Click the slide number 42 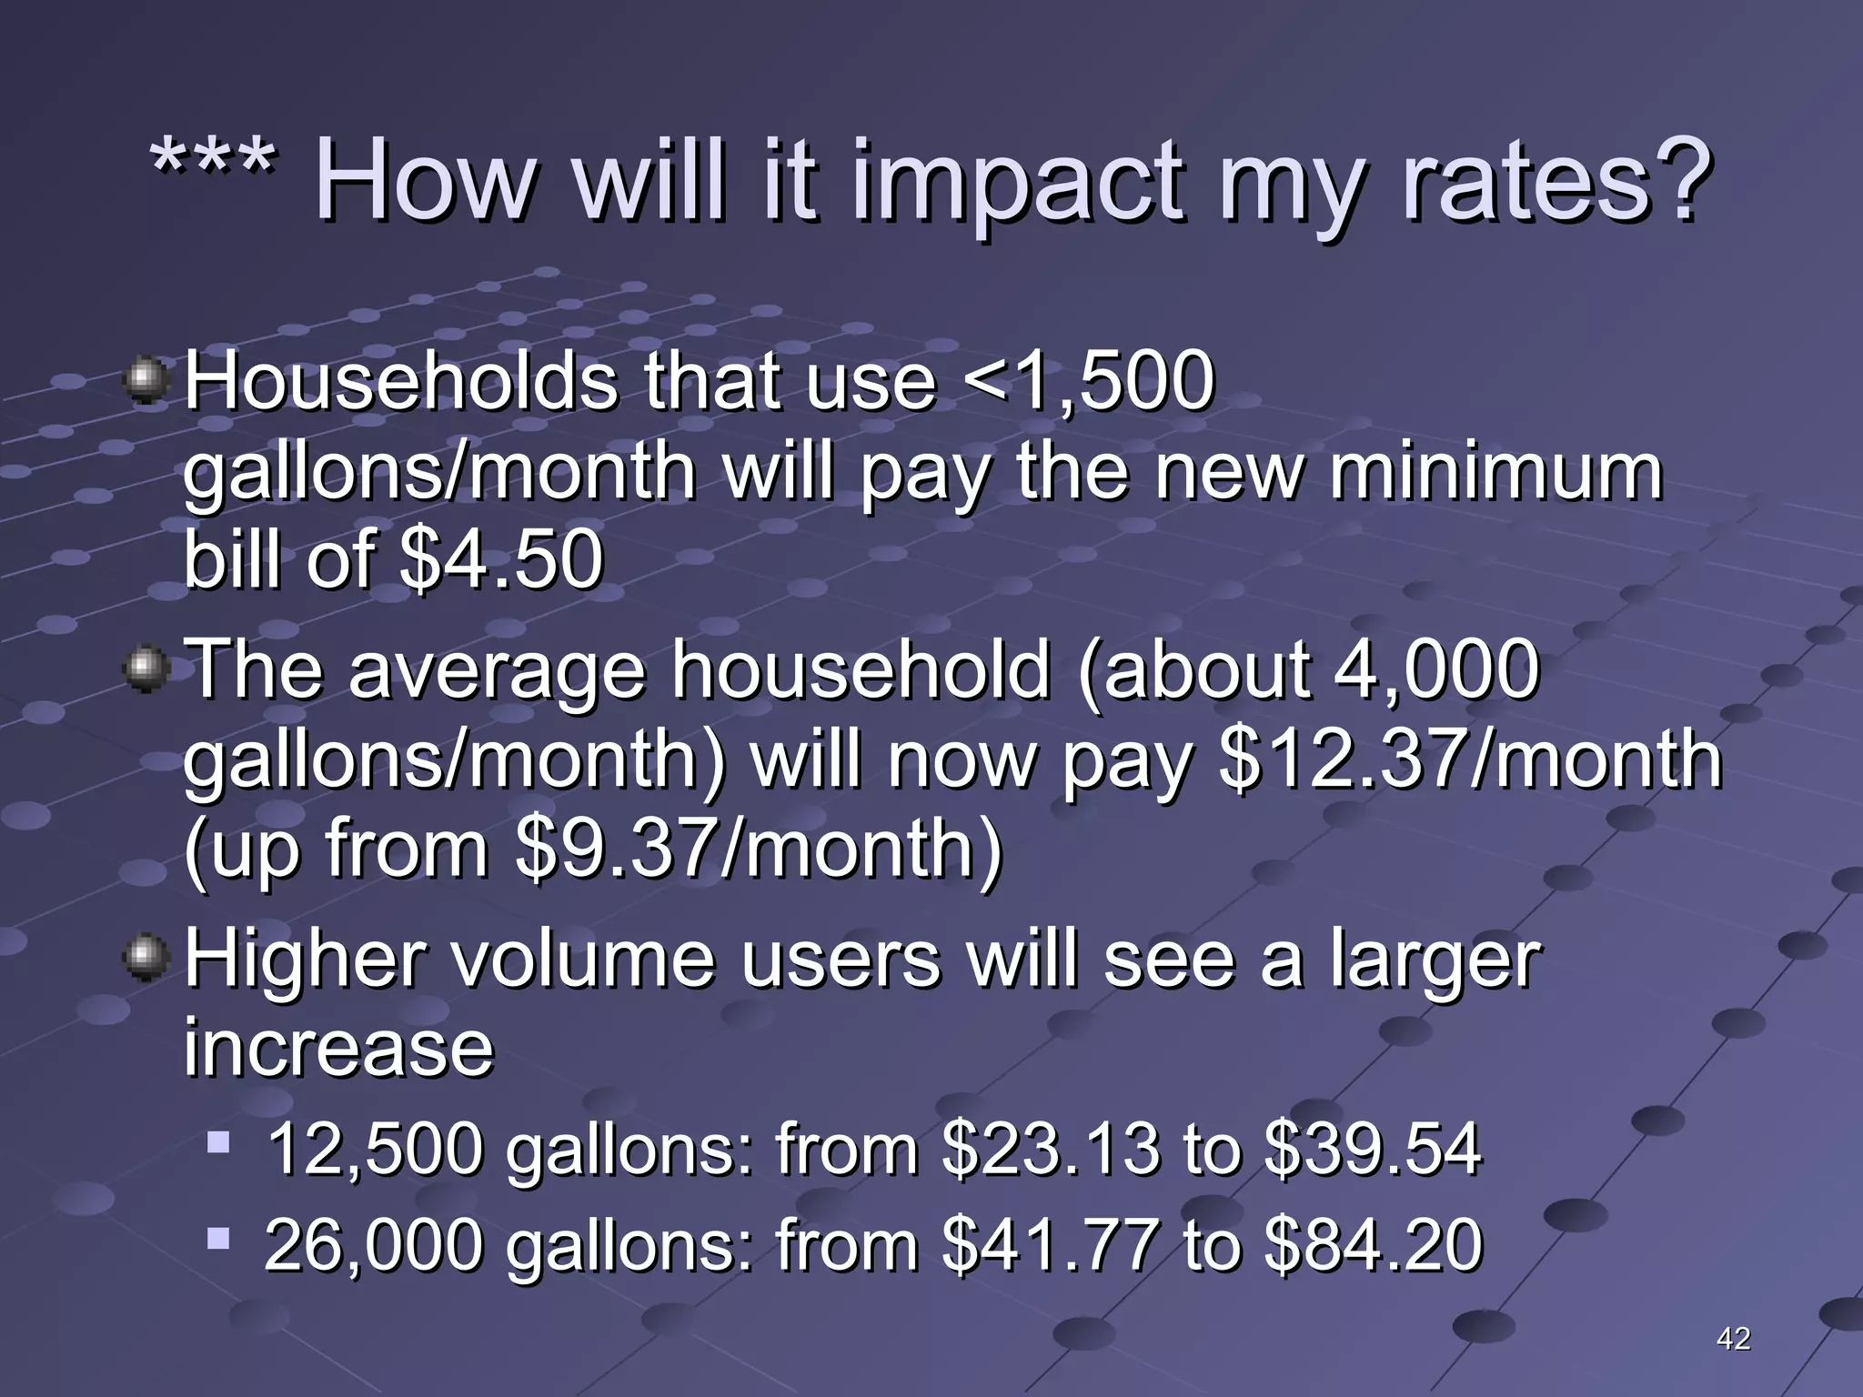click(x=1733, y=1338)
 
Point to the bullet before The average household click(x=146, y=670)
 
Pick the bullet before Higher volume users click(x=146, y=960)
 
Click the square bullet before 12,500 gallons click(x=218, y=1141)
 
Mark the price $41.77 click(x=1051, y=1245)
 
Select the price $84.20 click(x=1373, y=1245)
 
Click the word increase click(x=338, y=1048)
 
